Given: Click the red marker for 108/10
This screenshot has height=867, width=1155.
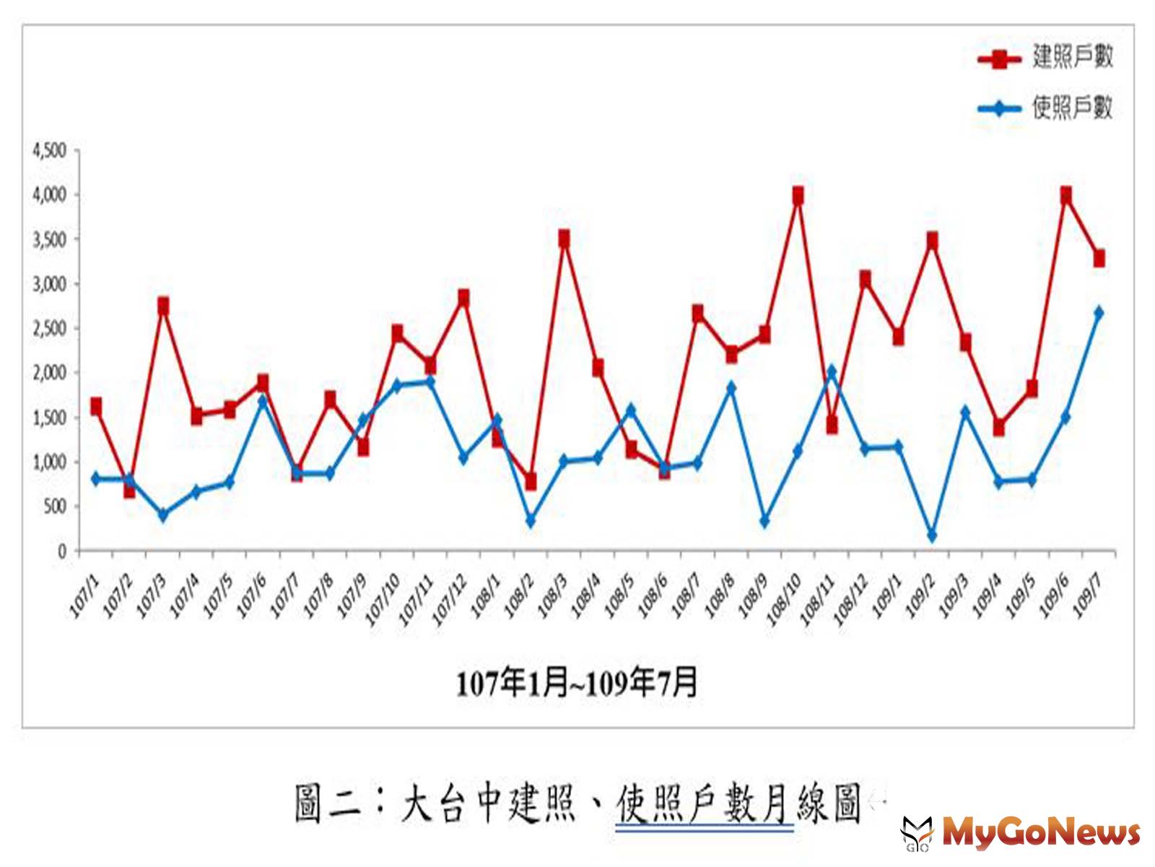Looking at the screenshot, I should tap(798, 196).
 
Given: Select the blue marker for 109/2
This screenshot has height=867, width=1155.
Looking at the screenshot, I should tap(932, 535).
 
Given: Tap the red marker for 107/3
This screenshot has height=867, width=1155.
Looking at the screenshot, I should tap(163, 306).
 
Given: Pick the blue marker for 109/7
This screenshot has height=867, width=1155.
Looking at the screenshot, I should tap(1099, 313).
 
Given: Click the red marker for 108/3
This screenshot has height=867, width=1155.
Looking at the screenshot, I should tap(564, 238).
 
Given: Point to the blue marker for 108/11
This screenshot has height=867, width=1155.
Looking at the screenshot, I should tap(832, 371).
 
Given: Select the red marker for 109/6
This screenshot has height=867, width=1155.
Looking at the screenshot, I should tap(1065, 195).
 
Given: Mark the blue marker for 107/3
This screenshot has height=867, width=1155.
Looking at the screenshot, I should tap(163, 515).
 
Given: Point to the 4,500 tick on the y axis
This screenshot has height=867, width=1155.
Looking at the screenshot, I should tap(49, 150).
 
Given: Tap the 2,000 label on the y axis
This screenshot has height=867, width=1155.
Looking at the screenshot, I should tap(49, 373).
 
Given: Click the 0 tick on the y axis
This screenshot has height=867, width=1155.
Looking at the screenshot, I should tap(62, 551).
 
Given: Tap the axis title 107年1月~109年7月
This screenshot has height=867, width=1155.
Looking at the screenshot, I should tap(577, 683).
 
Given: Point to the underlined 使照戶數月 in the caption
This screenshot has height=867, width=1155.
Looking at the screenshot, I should tap(704, 804).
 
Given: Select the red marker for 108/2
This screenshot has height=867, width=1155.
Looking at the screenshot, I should tap(531, 480).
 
